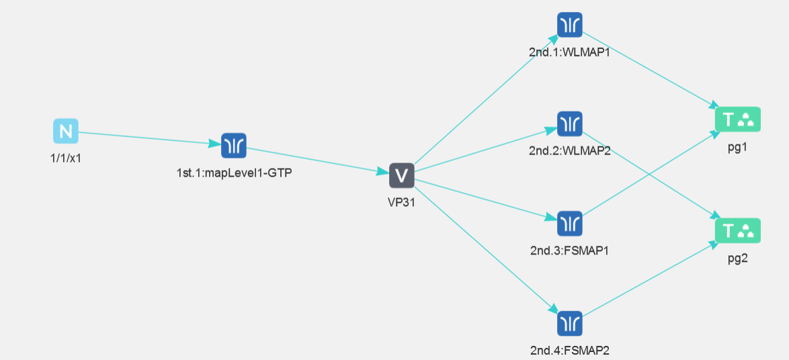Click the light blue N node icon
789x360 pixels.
[66, 131]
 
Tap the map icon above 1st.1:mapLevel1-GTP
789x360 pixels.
[234, 145]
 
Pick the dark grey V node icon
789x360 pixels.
[401, 175]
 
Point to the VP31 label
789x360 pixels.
[401, 203]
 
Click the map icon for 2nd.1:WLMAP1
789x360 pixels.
[570, 25]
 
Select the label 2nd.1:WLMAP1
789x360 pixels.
[570, 52]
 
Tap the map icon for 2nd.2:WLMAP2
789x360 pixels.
[570, 124]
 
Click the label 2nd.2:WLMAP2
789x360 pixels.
[570, 150]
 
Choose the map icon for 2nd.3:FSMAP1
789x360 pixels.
[570, 223]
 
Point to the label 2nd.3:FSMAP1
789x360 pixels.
[570, 251]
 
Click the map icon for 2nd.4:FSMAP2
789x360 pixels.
[570, 323]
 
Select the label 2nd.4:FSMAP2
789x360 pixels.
[570, 350]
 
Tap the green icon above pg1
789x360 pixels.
[737, 120]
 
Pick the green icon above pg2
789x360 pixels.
[737, 230]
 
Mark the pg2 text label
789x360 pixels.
[737, 258]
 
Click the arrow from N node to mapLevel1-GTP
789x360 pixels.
[148, 137]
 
